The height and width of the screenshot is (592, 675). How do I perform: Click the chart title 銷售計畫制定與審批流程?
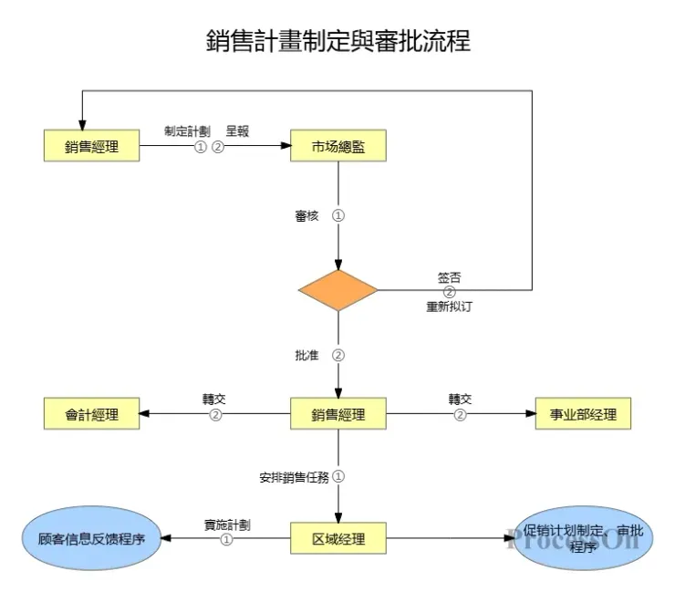point(338,41)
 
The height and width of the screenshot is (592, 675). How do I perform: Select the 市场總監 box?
point(338,146)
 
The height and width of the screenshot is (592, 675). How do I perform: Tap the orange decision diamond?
point(338,290)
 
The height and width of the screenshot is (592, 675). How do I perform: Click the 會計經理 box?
point(91,414)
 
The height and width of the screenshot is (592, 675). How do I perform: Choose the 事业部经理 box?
point(583,414)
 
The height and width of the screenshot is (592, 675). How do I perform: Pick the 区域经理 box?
point(338,538)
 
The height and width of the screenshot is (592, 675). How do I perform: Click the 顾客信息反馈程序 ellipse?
point(91,538)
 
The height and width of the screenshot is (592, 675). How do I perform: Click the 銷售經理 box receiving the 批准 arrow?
point(338,414)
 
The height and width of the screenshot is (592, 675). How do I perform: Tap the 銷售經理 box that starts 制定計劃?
point(91,146)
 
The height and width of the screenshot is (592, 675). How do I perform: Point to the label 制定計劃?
point(187,130)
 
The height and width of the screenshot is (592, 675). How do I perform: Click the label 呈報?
point(237,130)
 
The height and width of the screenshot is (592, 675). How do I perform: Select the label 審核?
point(306,216)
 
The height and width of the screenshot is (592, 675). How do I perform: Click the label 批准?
point(306,355)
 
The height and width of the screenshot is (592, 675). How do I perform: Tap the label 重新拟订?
point(449,306)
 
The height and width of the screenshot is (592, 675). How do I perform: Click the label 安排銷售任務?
point(294,476)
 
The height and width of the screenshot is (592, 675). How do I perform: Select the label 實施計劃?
point(227,524)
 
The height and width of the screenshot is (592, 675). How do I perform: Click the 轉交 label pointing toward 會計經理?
point(215,400)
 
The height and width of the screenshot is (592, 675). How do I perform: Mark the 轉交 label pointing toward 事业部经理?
point(460,400)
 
